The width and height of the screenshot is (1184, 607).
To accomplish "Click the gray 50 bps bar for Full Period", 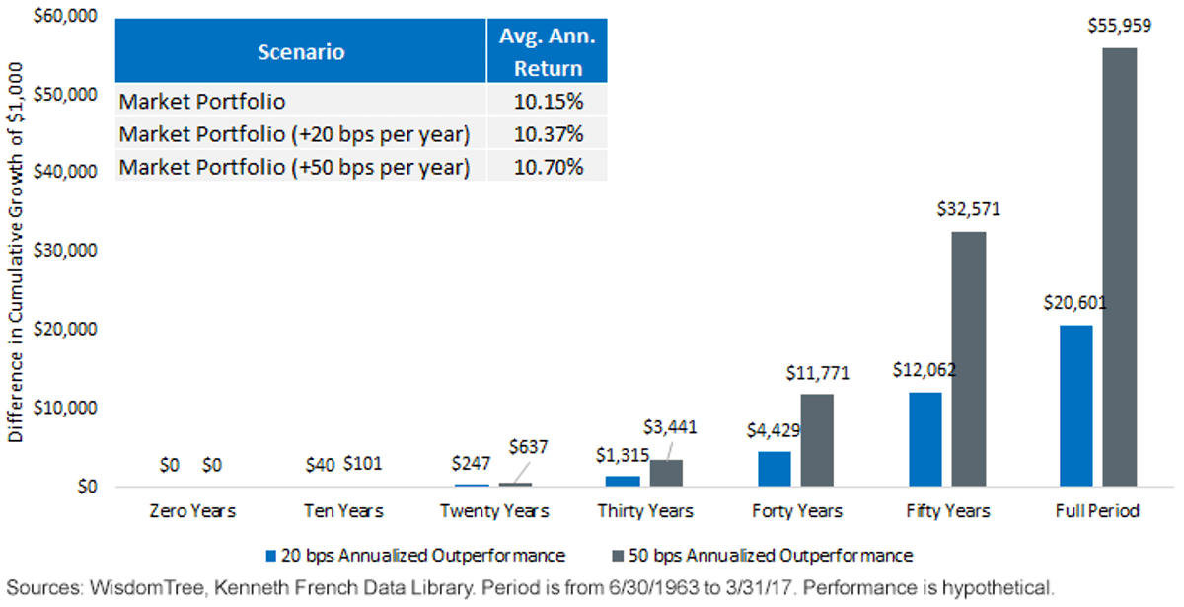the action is coord(1120,267).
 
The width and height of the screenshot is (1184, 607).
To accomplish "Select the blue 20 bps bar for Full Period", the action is coord(1076,406).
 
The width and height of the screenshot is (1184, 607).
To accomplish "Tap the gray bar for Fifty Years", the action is coord(969,359).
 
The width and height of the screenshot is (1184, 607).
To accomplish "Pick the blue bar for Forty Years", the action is coord(775,469).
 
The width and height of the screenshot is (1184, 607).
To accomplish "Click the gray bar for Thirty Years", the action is coord(666,473).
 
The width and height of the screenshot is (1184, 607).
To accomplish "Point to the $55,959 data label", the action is coord(1119,26).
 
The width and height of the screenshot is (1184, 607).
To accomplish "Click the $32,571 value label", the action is coord(968,209).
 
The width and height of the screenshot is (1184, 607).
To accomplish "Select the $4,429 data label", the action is coord(774,430).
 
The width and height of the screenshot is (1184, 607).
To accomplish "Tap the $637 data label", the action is coord(528,447).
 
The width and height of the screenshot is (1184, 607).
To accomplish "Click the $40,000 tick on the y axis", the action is coord(65,172).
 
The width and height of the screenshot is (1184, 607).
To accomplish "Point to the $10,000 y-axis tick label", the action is coord(65,408).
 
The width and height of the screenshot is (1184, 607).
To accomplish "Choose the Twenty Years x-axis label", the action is coord(494,511).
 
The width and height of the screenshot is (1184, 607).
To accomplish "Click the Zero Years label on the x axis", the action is coord(192,511).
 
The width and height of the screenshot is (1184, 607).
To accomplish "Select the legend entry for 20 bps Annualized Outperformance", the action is coord(415,555).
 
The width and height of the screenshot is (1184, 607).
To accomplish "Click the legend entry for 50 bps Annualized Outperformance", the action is coord(762,555).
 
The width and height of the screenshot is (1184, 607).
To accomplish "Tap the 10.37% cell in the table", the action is coord(549,134).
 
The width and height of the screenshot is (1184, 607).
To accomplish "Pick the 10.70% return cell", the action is coord(549,167).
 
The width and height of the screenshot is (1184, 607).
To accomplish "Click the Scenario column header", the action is coord(301,51).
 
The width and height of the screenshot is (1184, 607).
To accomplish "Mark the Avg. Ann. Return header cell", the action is coord(548,51).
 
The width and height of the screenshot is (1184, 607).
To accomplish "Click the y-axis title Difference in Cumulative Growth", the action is coord(16,253).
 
